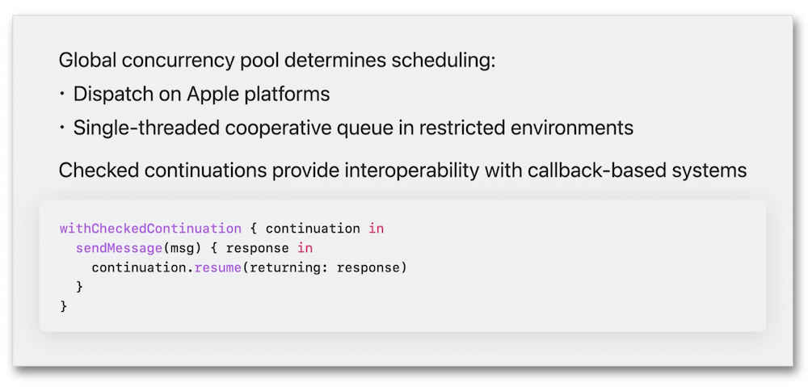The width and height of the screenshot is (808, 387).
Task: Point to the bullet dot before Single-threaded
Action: point(62,127)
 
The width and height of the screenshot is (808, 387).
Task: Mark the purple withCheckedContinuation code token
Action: point(150,229)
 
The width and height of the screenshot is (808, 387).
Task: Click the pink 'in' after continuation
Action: point(377,229)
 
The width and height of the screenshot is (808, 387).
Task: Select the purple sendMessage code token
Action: point(119,248)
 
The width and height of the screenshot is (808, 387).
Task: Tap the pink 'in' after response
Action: point(305,248)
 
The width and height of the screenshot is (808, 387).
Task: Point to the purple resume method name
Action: point(218,268)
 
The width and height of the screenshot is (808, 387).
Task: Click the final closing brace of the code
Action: point(64,307)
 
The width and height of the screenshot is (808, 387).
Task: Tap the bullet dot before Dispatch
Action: point(62,94)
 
